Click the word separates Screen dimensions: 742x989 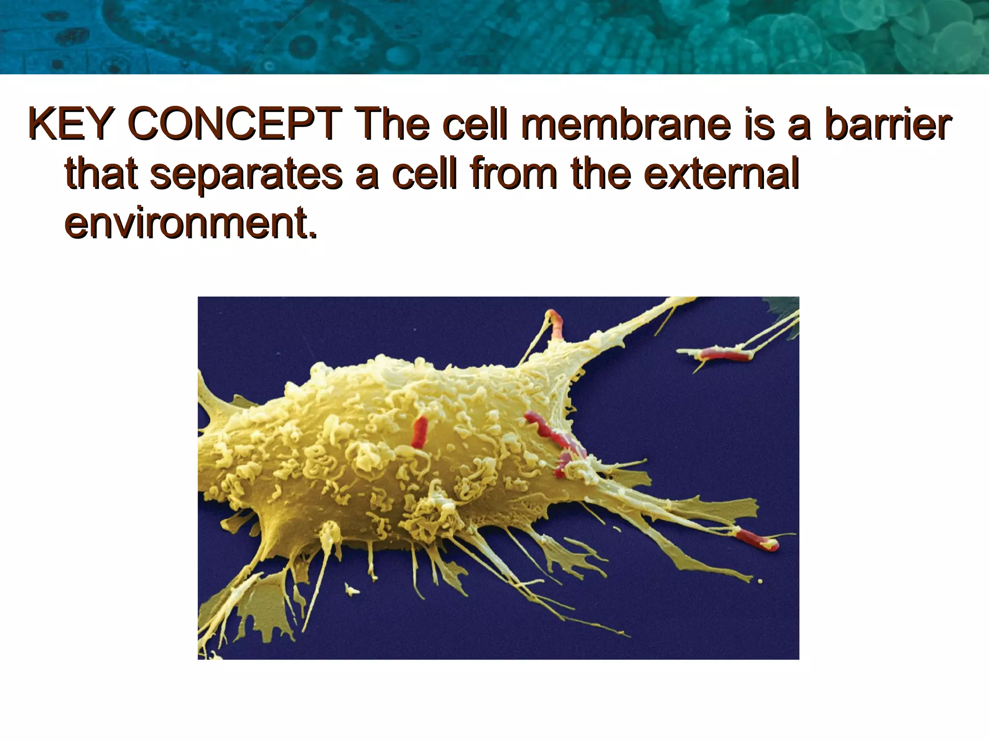point(246,175)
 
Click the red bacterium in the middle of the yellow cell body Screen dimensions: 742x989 point(420,431)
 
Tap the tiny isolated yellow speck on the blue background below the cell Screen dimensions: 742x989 point(352,589)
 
